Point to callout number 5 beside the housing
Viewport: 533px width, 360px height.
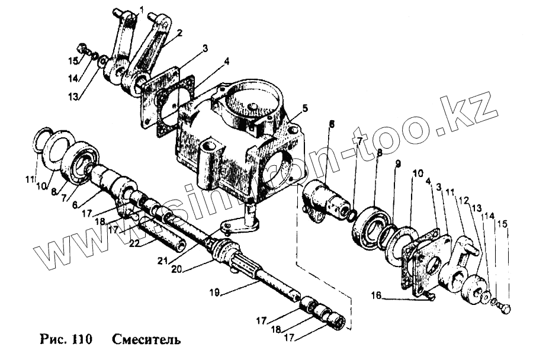pyautogui.click(x=304, y=108)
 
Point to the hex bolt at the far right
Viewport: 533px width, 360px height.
pyautogui.click(x=506, y=308)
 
